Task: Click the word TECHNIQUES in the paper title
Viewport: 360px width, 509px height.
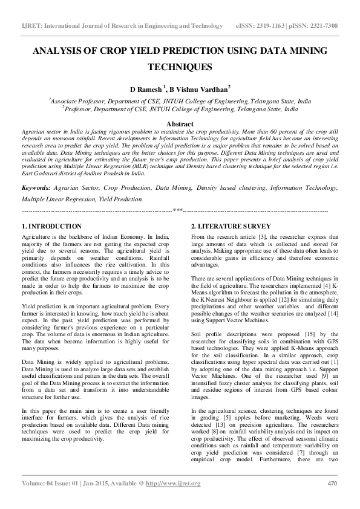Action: [180, 67]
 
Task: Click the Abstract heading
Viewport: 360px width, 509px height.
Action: [180, 123]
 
